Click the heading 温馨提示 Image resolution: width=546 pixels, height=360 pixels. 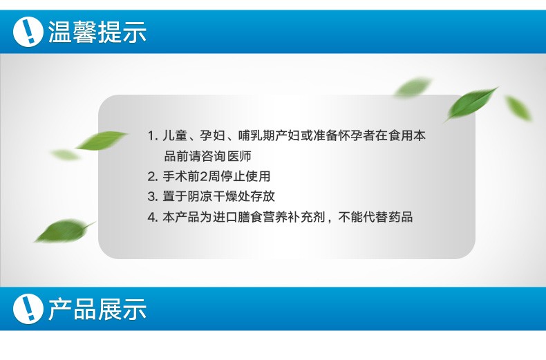(97, 32)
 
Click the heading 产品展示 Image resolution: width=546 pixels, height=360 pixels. (97, 309)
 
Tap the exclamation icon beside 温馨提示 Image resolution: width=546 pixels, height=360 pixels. (28, 32)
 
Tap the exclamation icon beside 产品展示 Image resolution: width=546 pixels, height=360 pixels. (28, 309)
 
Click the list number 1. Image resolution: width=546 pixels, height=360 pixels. (152, 136)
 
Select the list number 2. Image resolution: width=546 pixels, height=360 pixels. (152, 176)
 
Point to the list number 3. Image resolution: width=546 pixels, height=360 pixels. (152, 197)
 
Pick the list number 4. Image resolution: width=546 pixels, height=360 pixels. (152, 217)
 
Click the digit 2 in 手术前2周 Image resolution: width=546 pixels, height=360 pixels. (203, 176)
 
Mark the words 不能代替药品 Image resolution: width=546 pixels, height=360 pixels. (376, 217)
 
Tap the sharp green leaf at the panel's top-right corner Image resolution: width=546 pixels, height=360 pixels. (471, 104)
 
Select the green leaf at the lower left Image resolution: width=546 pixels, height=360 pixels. (64, 231)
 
